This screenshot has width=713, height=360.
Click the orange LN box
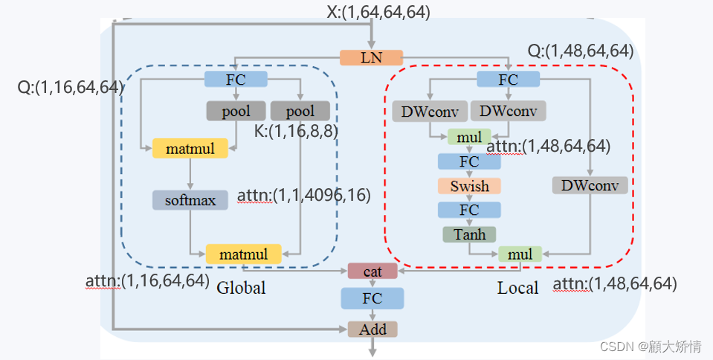(371, 57)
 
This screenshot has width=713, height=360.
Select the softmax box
(190, 199)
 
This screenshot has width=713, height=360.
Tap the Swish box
(469, 185)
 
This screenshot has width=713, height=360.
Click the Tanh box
(469, 234)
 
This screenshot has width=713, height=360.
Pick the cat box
(372, 271)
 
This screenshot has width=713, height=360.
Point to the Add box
(372, 328)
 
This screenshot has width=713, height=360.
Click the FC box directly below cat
(372, 298)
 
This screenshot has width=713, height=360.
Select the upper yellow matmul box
(190, 148)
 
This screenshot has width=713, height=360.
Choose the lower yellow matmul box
(243, 254)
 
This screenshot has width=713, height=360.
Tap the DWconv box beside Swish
(590, 185)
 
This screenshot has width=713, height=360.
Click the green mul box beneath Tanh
(520, 254)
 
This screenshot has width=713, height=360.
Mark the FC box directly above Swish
(469, 161)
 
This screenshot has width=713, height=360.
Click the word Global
(241, 288)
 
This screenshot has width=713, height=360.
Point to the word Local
(517, 288)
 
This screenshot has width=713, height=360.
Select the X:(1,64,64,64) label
(378, 11)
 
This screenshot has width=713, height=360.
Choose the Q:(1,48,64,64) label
(580, 51)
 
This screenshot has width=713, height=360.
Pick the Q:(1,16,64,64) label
(70, 87)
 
